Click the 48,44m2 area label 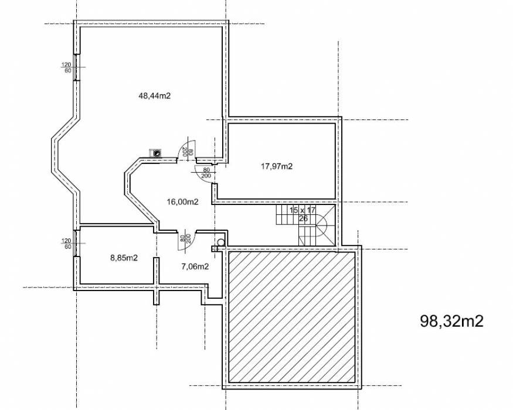click(155, 95)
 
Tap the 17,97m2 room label click(277, 166)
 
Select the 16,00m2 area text click(182, 201)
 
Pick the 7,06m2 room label click(193, 266)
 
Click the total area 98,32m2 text click(451, 321)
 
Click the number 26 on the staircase click(304, 218)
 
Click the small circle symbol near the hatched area click(221, 241)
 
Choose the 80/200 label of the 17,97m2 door click(206, 173)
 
